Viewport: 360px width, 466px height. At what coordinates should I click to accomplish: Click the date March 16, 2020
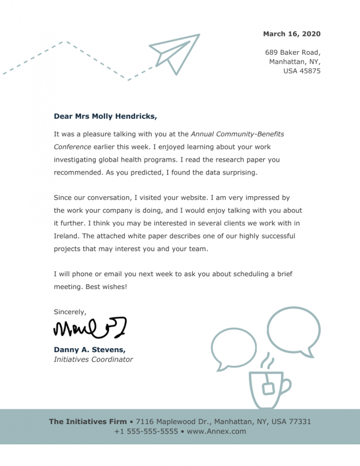coord(291,34)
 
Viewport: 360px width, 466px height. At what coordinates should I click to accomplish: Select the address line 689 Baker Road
coord(292,52)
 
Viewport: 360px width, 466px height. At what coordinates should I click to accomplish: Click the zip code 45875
coord(309,71)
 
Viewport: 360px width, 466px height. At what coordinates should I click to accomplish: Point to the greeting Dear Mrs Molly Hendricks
coord(105,116)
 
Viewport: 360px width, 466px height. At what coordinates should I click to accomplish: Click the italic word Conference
coord(72,146)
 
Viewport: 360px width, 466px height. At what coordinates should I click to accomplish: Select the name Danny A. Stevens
coord(89,350)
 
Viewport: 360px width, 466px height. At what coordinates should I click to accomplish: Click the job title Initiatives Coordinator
coord(93,359)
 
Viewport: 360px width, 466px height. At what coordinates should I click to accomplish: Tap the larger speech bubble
coord(293,329)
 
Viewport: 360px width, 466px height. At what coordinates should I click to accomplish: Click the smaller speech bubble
coord(233,347)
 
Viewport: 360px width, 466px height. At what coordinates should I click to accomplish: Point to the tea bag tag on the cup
coord(268,389)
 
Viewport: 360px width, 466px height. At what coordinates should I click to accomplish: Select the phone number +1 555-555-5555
coord(146,431)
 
